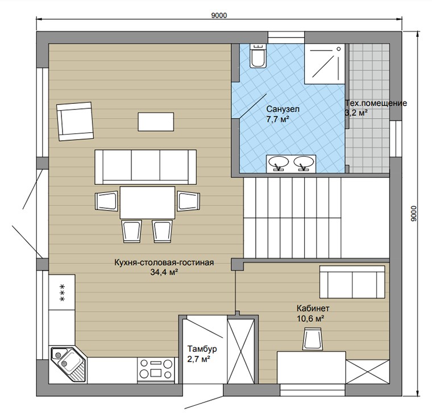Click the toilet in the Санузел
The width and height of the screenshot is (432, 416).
(x=258, y=56)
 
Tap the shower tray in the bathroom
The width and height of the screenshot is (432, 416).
(x=325, y=64)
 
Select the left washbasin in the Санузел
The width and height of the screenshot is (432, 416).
(x=279, y=163)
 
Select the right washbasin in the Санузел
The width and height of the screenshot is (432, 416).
(x=304, y=163)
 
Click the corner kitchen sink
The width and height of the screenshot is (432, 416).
(x=68, y=364)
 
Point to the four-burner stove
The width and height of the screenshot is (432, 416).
(x=156, y=369)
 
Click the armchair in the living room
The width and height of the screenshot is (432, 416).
(x=75, y=121)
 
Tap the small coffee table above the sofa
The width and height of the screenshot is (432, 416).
(x=156, y=121)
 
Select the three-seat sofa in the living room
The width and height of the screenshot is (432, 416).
(x=146, y=167)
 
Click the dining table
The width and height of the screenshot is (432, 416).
(x=147, y=203)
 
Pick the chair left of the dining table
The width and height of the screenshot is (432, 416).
(x=107, y=201)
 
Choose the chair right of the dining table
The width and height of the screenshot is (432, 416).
(x=189, y=201)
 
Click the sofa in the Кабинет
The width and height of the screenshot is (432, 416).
(x=352, y=281)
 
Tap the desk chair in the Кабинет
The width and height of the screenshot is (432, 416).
(x=313, y=339)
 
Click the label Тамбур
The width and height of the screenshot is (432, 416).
(x=202, y=349)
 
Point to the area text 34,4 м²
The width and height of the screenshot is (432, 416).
(x=164, y=272)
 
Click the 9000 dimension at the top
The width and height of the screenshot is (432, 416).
(x=219, y=15)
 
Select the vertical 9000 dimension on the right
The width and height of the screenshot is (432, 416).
(x=414, y=214)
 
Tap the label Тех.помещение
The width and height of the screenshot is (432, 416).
(x=376, y=103)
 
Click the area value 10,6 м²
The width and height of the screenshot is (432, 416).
(x=310, y=318)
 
